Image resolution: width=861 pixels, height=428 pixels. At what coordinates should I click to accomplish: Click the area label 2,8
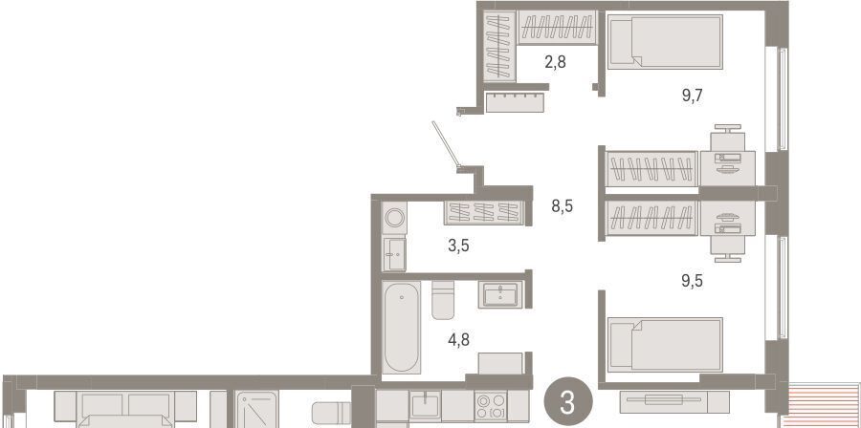pyautogui.click(x=555, y=62)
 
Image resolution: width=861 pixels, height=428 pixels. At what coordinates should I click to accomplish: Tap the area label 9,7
pyautogui.click(x=692, y=96)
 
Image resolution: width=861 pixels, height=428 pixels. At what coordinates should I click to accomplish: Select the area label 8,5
pyautogui.click(x=563, y=206)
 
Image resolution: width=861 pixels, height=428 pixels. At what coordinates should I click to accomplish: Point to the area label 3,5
pyautogui.click(x=458, y=246)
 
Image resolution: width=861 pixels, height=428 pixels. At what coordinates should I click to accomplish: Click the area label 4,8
pyautogui.click(x=458, y=340)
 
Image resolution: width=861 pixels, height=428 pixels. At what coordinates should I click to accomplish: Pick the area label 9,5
pyautogui.click(x=692, y=281)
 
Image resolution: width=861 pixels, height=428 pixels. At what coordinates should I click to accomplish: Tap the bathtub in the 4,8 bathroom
pyautogui.click(x=402, y=327)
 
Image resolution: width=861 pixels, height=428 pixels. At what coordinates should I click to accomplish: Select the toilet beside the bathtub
pyautogui.click(x=443, y=300)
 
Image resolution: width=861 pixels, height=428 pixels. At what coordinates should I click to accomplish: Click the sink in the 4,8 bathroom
pyautogui.click(x=500, y=295)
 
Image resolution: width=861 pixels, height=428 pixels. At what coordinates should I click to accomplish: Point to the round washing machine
pyautogui.click(x=394, y=218)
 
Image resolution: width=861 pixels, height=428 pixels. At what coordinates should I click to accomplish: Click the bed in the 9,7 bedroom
pyautogui.click(x=665, y=42)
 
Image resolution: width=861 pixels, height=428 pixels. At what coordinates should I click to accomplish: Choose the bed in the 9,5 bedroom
pyautogui.click(x=665, y=345)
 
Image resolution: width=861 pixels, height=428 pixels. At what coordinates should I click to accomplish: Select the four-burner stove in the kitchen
pyautogui.click(x=491, y=405)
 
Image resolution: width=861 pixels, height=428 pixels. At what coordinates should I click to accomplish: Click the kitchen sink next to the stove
pyautogui.click(x=425, y=405)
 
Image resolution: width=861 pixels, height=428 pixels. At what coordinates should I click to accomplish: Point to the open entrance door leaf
pyautogui.click(x=445, y=143)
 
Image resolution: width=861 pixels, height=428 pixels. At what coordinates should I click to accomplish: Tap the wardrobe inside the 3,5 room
pyautogui.click(x=484, y=213)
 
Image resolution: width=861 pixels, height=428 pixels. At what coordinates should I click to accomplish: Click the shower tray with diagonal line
pyautogui.click(x=257, y=409)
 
